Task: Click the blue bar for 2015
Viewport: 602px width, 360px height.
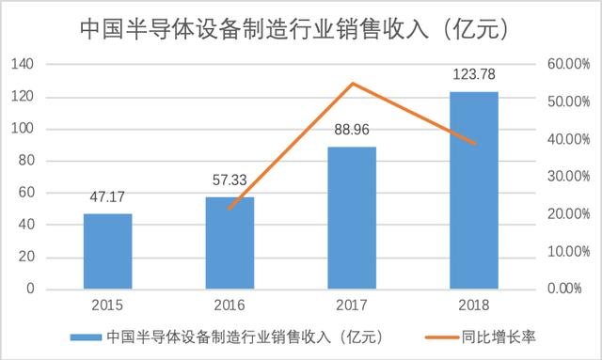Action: [107, 251]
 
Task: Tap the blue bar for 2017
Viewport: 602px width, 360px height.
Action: [352, 217]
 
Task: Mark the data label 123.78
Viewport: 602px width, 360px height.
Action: [474, 77]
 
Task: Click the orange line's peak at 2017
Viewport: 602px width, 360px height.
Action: [352, 84]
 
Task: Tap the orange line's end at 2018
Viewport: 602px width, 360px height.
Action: [474, 143]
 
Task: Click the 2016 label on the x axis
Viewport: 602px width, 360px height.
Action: [230, 306]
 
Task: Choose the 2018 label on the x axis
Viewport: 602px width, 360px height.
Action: [474, 306]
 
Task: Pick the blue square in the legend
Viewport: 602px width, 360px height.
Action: [86, 335]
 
